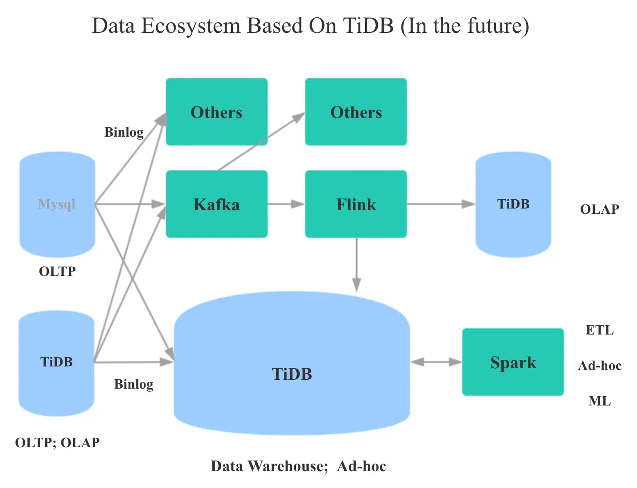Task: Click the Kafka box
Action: click(x=216, y=204)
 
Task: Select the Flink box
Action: click(x=356, y=204)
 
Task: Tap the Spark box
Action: click(x=513, y=362)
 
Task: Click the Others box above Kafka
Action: click(x=216, y=112)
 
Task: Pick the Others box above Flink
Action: click(x=356, y=112)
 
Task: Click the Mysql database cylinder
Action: click(x=57, y=204)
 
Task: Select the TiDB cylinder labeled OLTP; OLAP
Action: click(x=56, y=362)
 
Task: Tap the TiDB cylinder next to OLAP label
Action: click(x=513, y=204)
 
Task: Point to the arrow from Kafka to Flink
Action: click(x=286, y=204)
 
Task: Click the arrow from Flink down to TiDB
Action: click(x=357, y=264)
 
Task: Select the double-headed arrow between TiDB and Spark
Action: click(x=436, y=362)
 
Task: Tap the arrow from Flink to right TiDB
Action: click(x=441, y=204)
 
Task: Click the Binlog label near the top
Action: click(x=124, y=132)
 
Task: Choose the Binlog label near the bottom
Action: click(x=134, y=384)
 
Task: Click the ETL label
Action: click(x=599, y=330)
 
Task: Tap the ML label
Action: click(x=599, y=401)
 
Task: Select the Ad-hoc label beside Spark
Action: click(x=599, y=366)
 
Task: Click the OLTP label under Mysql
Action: click(x=57, y=271)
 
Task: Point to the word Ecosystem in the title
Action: click(x=191, y=26)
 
